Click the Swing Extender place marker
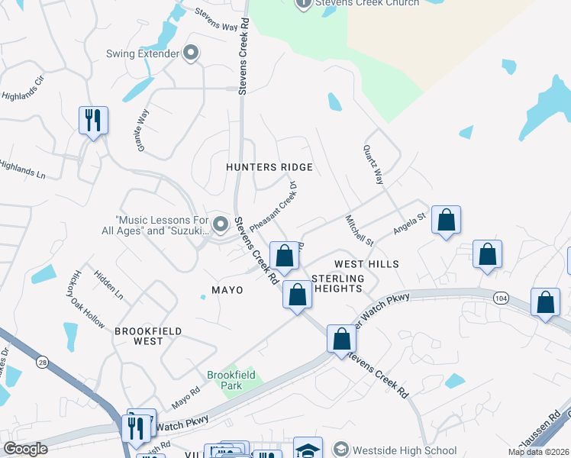coord(191,53)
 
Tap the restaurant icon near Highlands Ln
coord(93,120)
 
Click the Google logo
coord(26,449)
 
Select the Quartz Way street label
coord(373,165)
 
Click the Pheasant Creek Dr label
coord(273,205)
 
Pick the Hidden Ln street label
coord(108,282)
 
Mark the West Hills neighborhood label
coord(366,264)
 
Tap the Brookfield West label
coord(139,336)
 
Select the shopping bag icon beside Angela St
coord(446,221)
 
